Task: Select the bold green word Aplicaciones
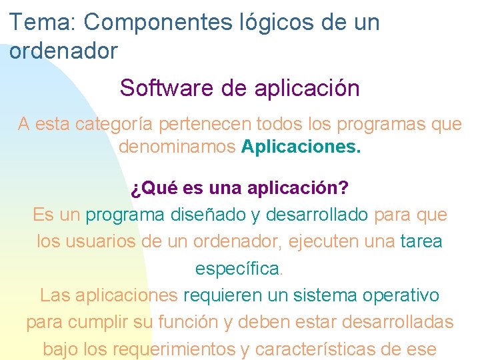pos(301,146)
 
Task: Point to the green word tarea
pos(421,241)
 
